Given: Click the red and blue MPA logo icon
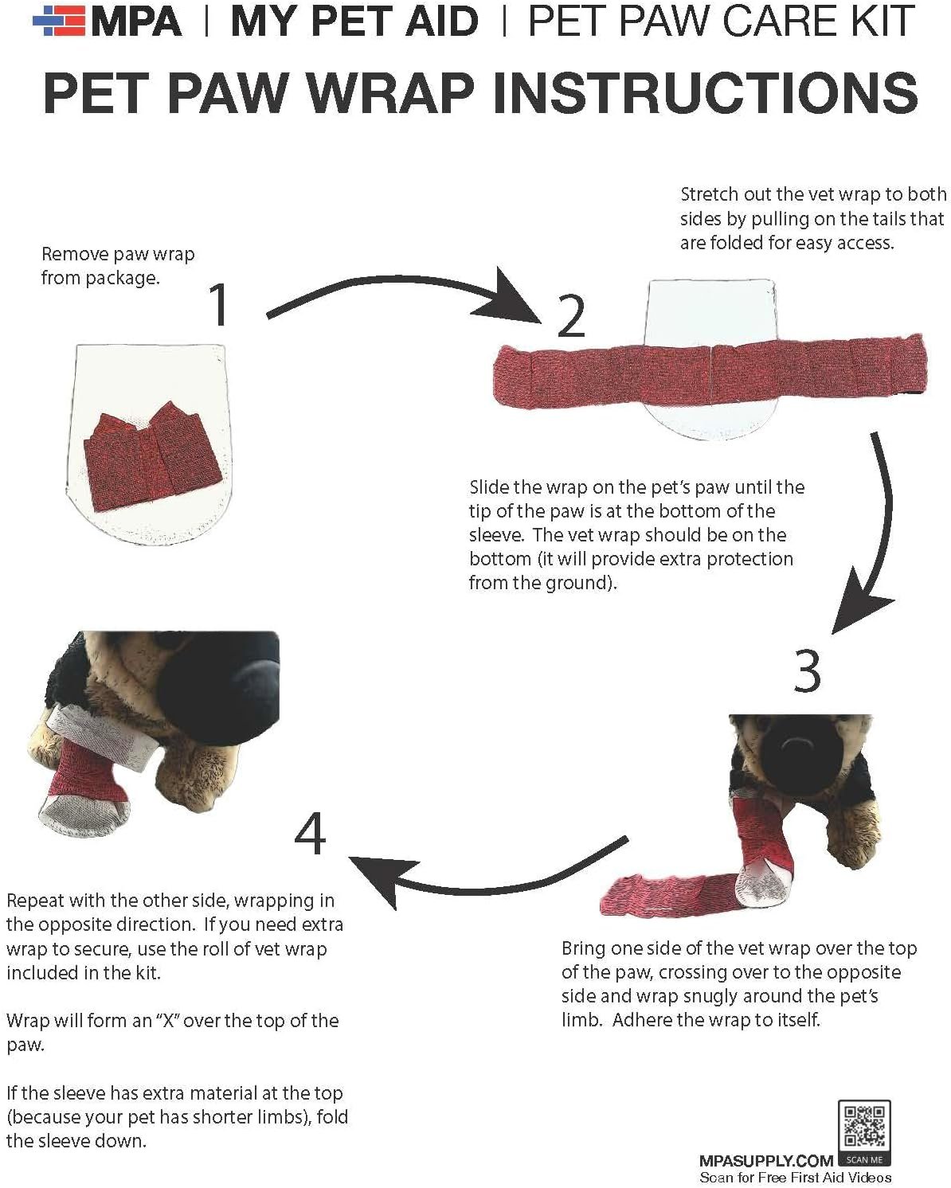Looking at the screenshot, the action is click(x=59, y=21).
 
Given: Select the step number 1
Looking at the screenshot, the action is click(x=220, y=304).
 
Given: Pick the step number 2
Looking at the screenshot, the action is click(x=570, y=316).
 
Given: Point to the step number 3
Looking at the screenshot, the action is click(x=807, y=670).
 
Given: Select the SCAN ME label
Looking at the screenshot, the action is click(x=864, y=1159).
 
